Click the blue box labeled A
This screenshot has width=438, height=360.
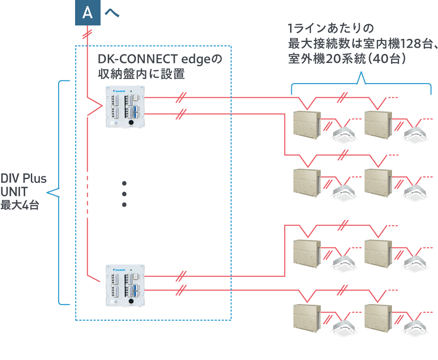[88, 13]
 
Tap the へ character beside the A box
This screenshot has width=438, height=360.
[112, 13]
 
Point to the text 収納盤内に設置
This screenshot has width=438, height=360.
[141, 74]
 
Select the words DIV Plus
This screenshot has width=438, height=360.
[23, 179]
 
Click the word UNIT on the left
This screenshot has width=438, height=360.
[14, 192]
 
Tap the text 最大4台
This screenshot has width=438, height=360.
[20, 205]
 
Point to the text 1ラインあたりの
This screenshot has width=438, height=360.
[331, 29]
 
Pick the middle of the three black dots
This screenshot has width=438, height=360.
[124, 194]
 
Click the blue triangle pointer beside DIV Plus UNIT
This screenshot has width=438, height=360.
[54, 193]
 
